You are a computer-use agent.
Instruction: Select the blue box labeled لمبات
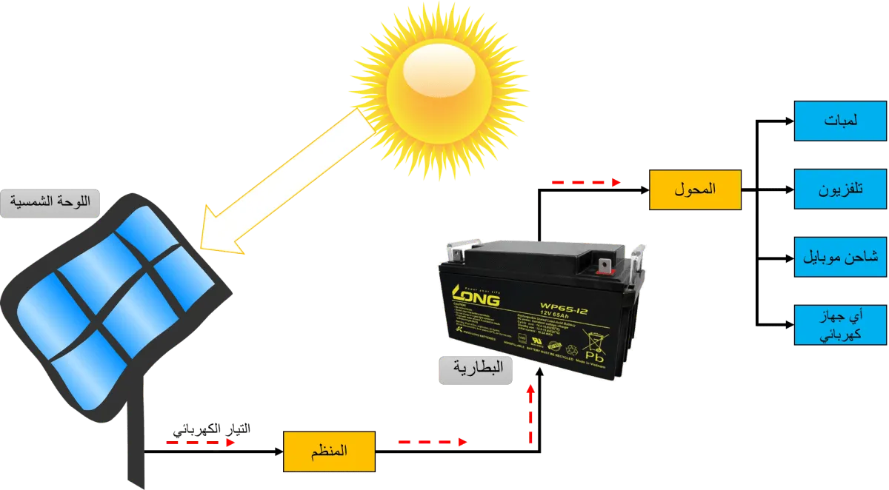[840, 121]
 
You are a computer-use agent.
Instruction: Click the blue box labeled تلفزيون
[840, 189]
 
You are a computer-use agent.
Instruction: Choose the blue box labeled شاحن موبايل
[840, 257]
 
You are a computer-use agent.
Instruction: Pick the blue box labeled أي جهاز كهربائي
[840, 324]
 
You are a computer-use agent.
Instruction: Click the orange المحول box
[694, 189]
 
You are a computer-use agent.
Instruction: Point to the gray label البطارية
[476, 369]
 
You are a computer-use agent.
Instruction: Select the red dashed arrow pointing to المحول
[585, 182]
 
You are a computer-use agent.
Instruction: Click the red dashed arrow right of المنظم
[433, 443]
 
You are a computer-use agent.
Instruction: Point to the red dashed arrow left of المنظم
[200, 443]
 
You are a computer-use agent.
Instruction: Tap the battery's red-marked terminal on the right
[604, 263]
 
